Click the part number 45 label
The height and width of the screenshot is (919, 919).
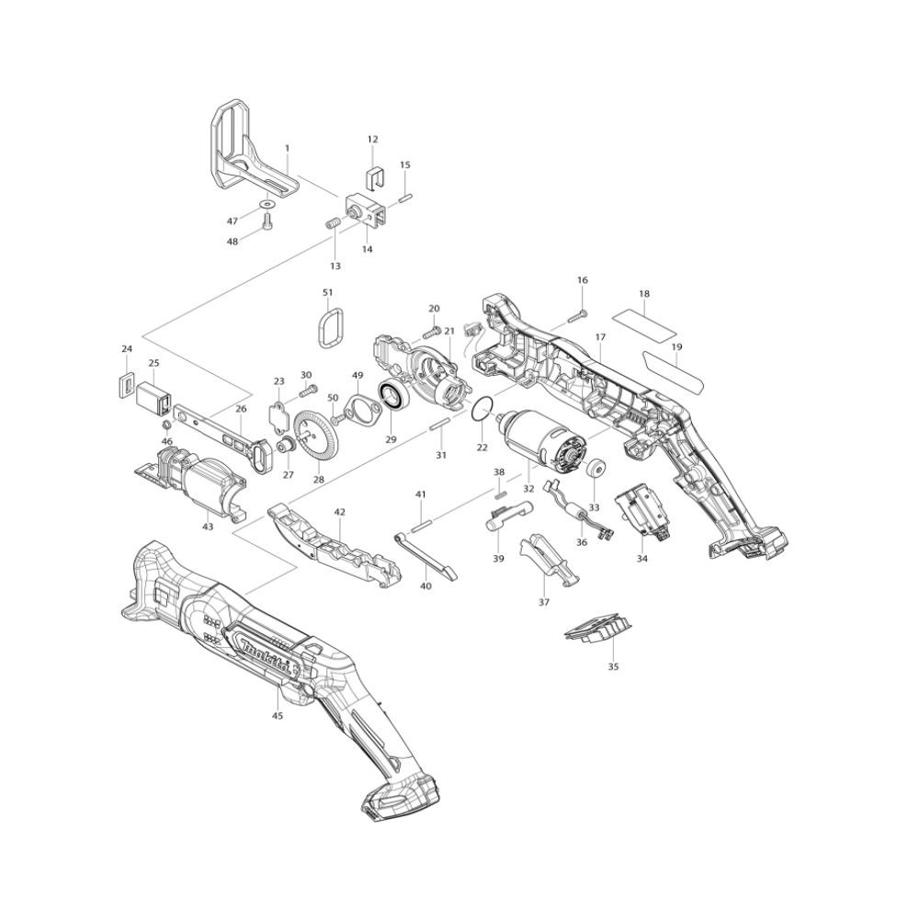coord(278,715)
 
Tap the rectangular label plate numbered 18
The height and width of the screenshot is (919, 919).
coord(644,321)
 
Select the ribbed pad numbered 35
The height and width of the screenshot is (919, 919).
coord(598,630)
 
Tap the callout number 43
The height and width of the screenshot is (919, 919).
coord(208,527)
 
